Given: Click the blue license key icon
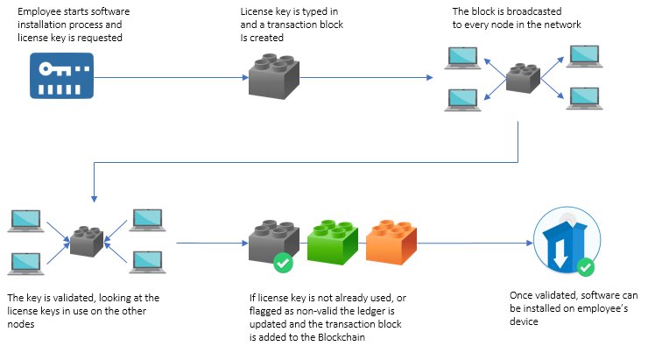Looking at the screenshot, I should tap(61, 75).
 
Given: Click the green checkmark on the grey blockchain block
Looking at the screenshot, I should tap(283, 262).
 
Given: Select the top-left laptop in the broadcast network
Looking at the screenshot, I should tap(461, 59).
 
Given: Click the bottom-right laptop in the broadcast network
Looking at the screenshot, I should tap(582, 97).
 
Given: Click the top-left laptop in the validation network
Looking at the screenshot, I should tap(25, 219).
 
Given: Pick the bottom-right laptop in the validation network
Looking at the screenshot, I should tap(144, 260).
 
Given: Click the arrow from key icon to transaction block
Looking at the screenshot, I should tap(166, 77).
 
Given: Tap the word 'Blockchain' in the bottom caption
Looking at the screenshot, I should tap(365, 336).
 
